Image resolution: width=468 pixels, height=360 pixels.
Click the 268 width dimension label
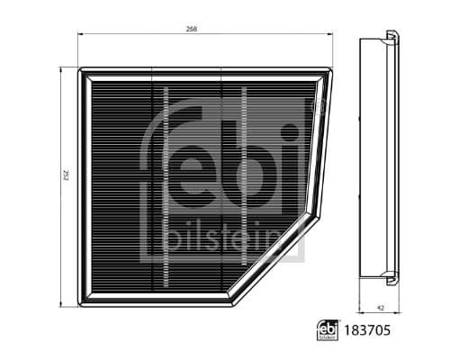tap(192, 29)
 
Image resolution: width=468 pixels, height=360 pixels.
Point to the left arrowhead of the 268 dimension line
tap(81, 35)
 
